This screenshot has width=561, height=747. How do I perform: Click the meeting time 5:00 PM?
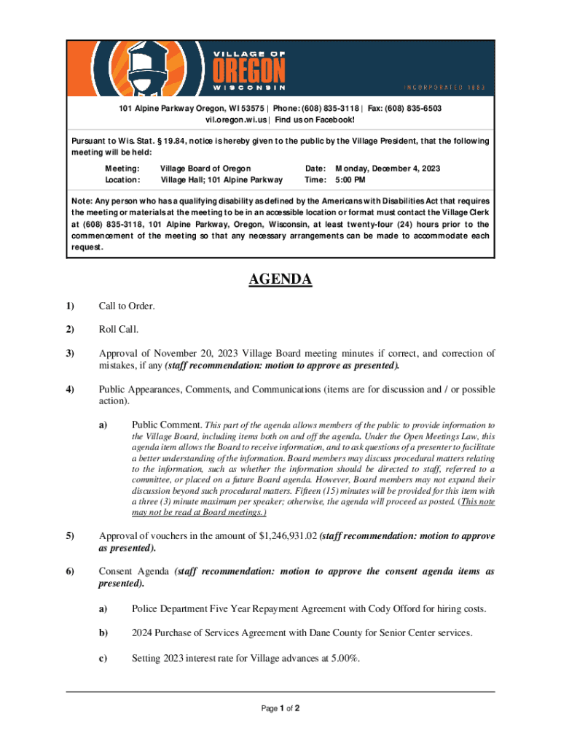[350, 179]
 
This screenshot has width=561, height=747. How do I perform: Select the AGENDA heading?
[280, 279]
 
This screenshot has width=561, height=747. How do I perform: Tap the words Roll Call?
[119, 329]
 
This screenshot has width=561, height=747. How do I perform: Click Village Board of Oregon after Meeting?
[205, 169]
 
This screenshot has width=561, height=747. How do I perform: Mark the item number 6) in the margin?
[70, 571]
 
